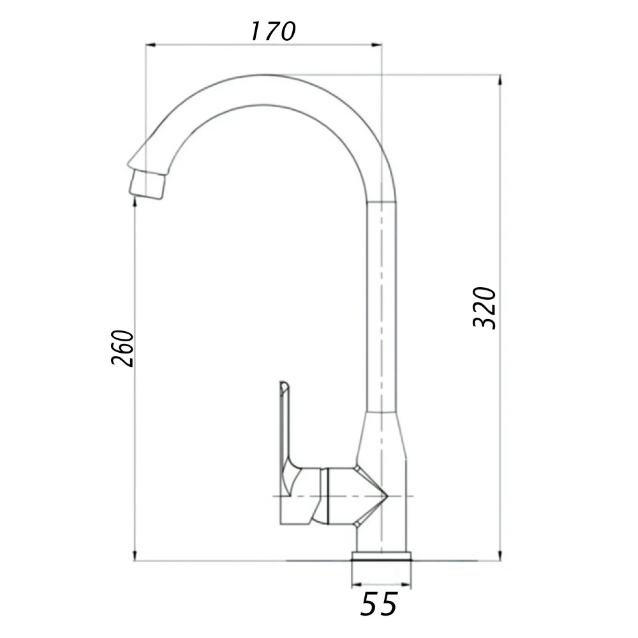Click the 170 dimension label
click(x=272, y=31)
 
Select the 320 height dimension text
click(x=485, y=308)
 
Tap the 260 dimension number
click(x=122, y=348)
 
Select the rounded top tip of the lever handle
click(x=283, y=385)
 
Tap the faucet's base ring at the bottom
click(x=382, y=556)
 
